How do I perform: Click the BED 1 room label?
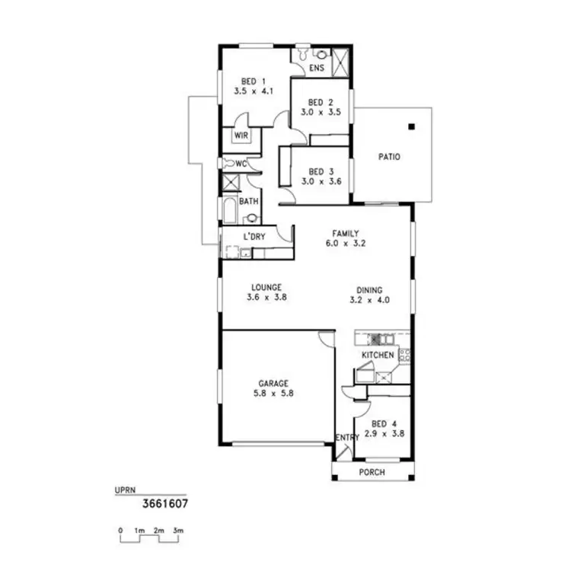click(253, 81)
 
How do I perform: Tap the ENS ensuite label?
click(317, 69)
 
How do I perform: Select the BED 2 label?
click(321, 103)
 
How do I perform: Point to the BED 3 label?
click(321, 171)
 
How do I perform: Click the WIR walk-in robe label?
click(241, 136)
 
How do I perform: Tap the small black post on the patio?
click(410, 127)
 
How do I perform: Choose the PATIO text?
click(389, 157)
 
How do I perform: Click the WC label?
click(241, 164)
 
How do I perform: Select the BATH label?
click(248, 202)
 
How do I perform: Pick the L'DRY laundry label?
click(254, 237)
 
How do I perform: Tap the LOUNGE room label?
click(266, 288)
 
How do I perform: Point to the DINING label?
click(368, 289)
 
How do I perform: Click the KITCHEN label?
click(378, 356)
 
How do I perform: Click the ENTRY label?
click(347, 438)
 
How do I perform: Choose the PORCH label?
click(372, 472)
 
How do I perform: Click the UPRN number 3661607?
click(165, 503)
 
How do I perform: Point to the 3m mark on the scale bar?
click(178, 530)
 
